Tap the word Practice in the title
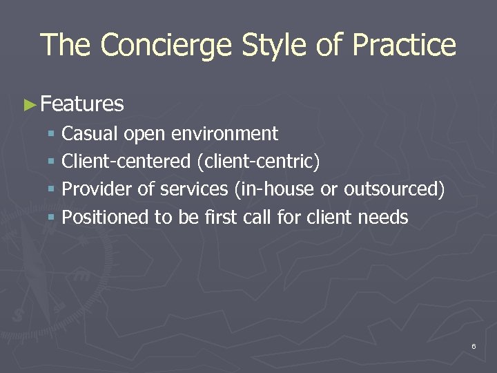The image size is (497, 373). [x=404, y=46]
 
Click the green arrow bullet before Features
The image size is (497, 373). [x=30, y=105]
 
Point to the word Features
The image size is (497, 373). [x=82, y=104]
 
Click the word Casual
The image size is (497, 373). [x=90, y=133]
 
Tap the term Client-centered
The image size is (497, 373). [x=126, y=162]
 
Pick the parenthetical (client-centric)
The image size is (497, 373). [x=258, y=162]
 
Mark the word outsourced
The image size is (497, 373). [x=393, y=189]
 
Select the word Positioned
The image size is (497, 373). [x=105, y=218]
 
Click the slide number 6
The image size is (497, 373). [x=474, y=345]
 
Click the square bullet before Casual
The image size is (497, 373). [x=51, y=134]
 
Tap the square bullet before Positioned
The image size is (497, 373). [x=51, y=218]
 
